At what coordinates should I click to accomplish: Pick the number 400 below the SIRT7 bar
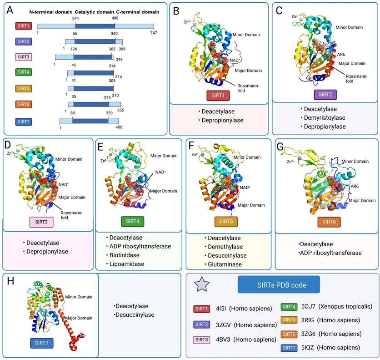[x=120, y=128]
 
